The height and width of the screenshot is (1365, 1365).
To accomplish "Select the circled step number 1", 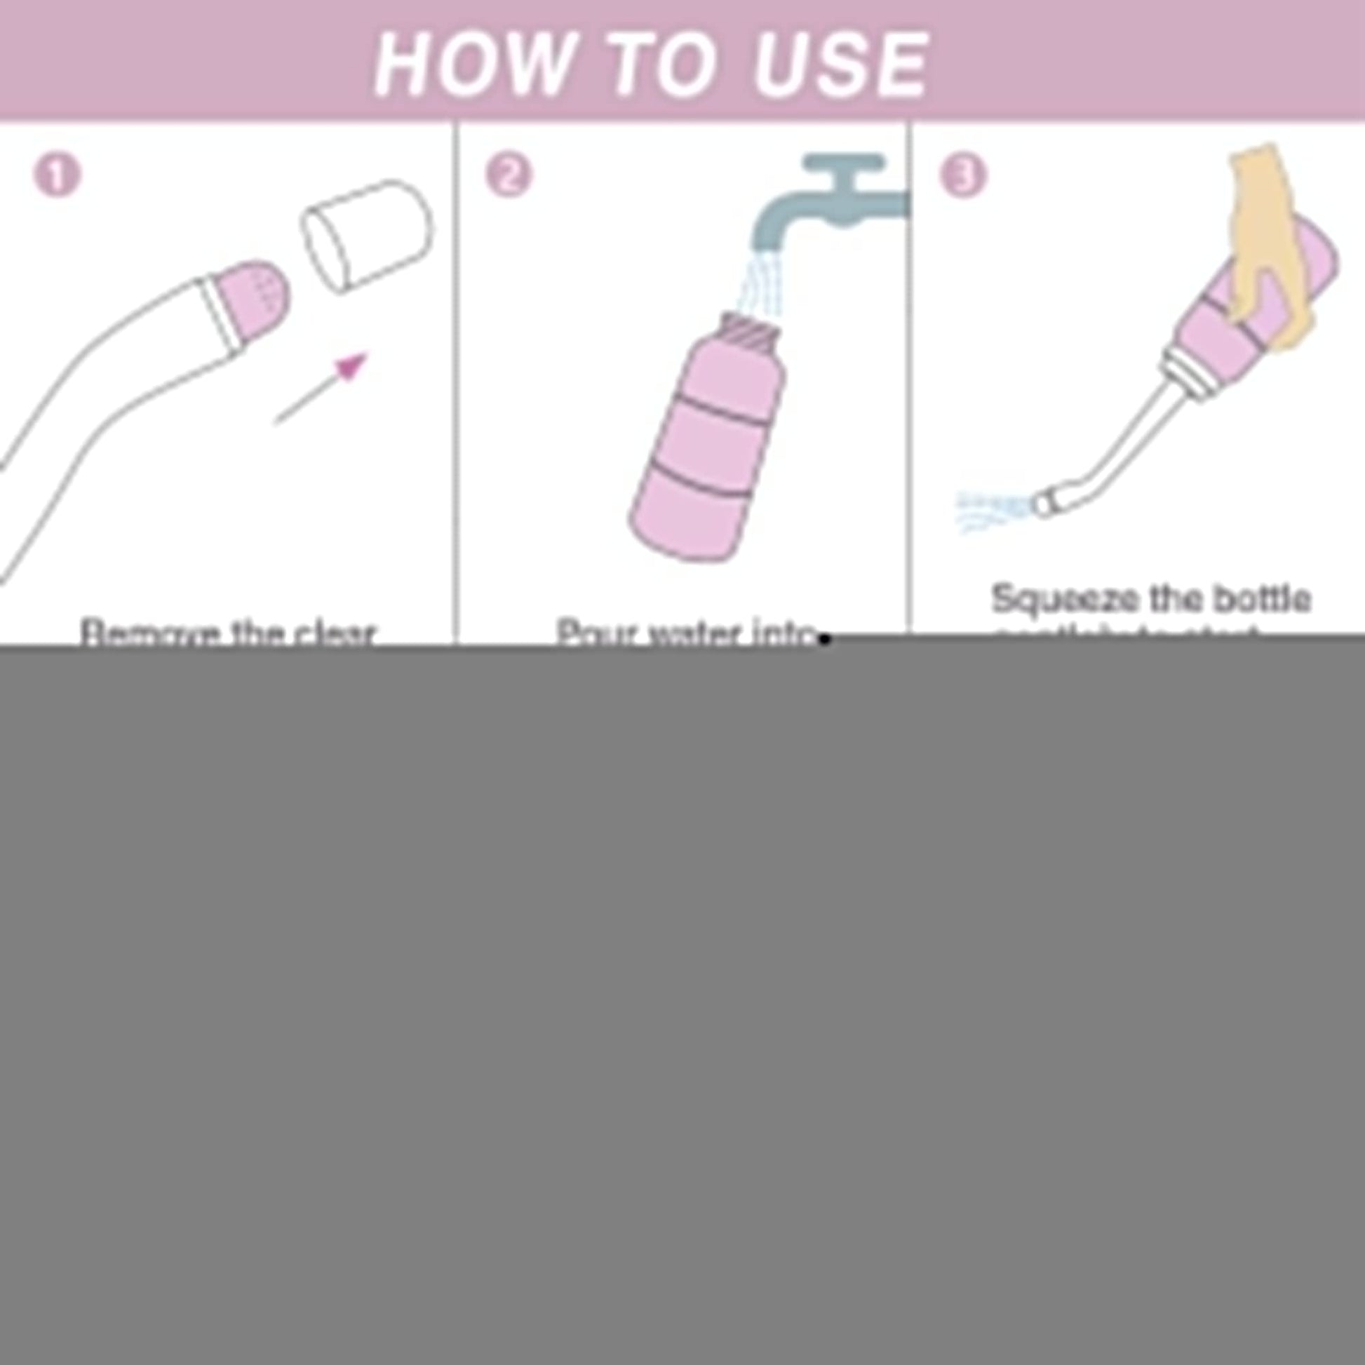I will pos(58,175).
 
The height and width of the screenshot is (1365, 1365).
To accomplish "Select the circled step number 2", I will pos(509,175).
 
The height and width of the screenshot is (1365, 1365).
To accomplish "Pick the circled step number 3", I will pos(963,175).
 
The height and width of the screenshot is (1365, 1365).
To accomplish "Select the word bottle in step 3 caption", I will pos(1262,599).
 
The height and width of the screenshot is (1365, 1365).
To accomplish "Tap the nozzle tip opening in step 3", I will pos(1043,504).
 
